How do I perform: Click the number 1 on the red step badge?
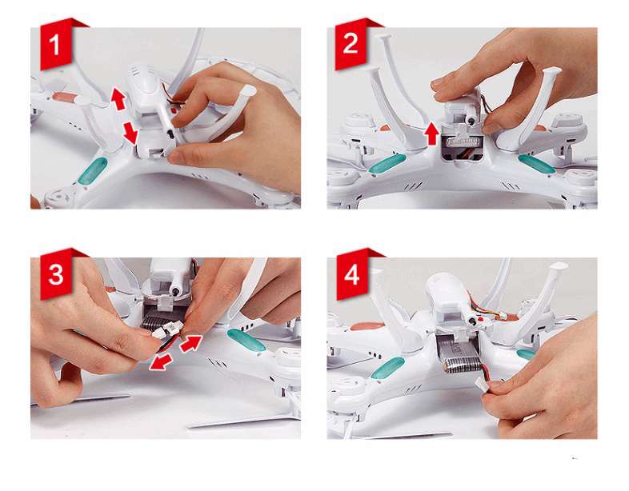[x=54, y=45]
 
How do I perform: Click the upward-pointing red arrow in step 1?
[x=118, y=98]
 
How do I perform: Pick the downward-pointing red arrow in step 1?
[x=130, y=133]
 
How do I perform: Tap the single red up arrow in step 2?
[x=432, y=133]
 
